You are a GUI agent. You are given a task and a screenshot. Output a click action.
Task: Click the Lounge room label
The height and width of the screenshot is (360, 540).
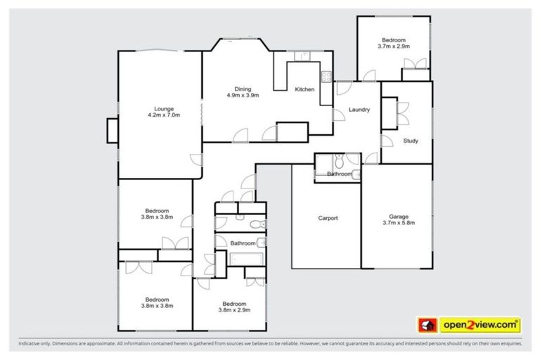tap(164, 109)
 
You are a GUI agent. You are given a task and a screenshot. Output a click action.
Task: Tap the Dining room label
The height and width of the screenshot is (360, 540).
tap(243, 89)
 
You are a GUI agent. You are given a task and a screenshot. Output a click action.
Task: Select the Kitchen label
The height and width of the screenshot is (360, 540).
tap(304, 89)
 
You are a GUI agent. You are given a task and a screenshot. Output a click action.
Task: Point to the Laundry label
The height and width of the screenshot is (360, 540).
tap(359, 110)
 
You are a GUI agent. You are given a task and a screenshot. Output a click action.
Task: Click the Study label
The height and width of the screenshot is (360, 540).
tap(411, 141)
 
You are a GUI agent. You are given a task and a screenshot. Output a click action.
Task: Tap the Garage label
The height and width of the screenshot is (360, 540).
tap(398, 217)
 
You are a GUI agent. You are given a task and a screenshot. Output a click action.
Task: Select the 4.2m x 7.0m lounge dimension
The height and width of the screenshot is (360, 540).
tap(164, 115)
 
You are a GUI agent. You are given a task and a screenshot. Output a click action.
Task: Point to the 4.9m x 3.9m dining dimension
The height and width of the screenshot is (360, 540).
tap(243, 96)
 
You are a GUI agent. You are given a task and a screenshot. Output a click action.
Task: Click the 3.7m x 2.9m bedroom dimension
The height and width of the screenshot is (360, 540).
tap(394, 46)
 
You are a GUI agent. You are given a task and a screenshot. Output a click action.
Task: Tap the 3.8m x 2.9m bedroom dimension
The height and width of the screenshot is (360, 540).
tap(235, 309)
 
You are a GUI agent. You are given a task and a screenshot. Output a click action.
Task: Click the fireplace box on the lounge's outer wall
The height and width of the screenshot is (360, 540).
tap(112, 131)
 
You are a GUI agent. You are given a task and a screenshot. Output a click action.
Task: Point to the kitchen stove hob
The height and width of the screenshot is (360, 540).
tap(327, 77)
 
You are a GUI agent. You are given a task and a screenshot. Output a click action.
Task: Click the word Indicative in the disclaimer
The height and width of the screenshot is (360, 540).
tap(32, 344)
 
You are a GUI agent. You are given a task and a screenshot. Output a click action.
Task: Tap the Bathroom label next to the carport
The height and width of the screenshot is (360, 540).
tap(340, 174)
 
